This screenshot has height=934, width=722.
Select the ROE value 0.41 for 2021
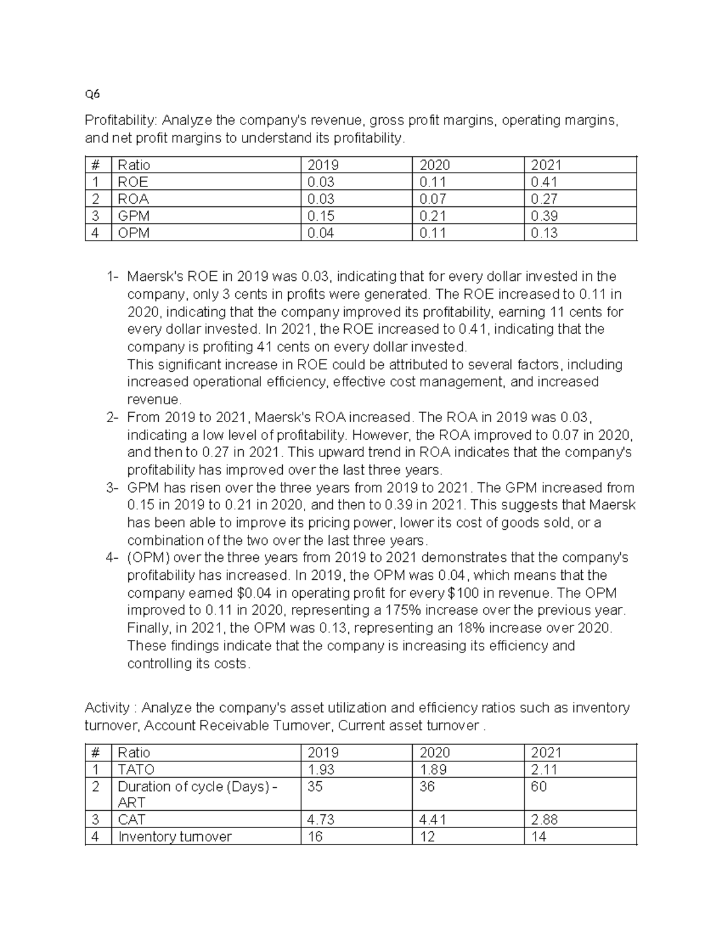tap(544, 182)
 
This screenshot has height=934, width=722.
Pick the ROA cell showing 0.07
tap(432, 199)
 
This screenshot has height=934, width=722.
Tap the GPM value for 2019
tap(321, 216)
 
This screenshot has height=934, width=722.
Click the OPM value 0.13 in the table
tap(544, 233)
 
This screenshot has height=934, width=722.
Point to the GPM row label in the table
tap(134, 216)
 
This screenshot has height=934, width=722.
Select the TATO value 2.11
tap(544, 769)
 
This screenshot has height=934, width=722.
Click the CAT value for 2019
tap(321, 819)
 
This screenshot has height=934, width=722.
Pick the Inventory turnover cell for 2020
tap(428, 836)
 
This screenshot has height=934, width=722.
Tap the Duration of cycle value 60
tap(538, 786)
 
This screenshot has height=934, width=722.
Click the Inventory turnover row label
tap(174, 836)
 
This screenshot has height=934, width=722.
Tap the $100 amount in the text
tap(463, 592)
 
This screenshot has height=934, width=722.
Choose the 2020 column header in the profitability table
tap(434, 165)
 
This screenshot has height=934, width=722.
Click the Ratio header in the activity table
tap(134, 752)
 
